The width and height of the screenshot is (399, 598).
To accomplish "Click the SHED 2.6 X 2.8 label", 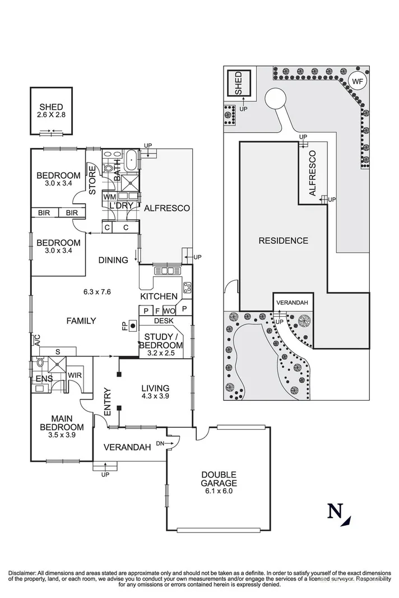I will coord(51,111).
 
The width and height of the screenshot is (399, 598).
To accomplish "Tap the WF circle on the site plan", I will coord(356,81).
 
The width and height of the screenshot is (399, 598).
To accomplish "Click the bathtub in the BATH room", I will coord(131,160).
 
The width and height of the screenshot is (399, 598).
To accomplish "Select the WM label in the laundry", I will coord(109,197).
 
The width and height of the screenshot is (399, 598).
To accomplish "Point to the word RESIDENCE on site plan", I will coord(283,241).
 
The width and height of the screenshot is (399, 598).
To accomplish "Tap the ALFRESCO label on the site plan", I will coord(313,173).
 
